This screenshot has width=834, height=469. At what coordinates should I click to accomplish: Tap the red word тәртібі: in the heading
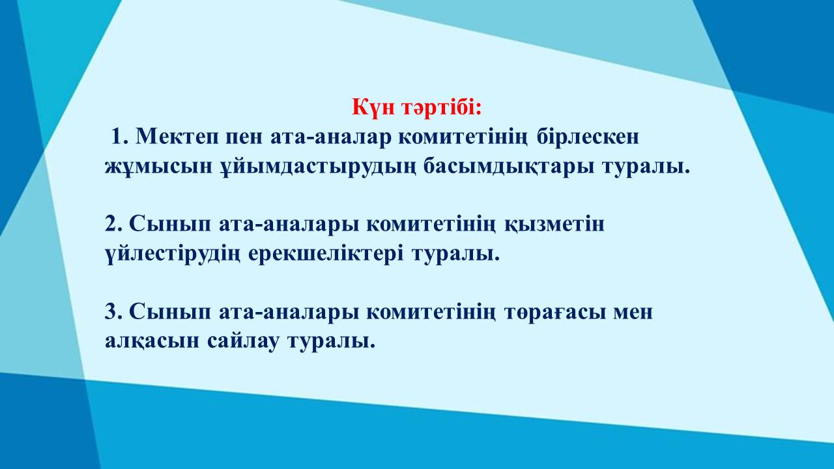coord(442,107)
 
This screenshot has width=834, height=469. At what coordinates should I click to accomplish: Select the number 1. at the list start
coord(119,136)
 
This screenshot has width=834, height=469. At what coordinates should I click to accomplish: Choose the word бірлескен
coord(588,136)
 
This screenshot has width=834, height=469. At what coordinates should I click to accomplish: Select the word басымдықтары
coord(509,167)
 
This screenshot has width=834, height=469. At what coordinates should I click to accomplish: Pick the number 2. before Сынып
coord(113,224)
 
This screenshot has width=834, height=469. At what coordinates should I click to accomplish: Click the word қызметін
coord(554,225)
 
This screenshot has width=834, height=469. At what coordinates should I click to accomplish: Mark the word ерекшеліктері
coord(326,255)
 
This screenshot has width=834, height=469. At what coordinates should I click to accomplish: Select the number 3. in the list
coord(113,312)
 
